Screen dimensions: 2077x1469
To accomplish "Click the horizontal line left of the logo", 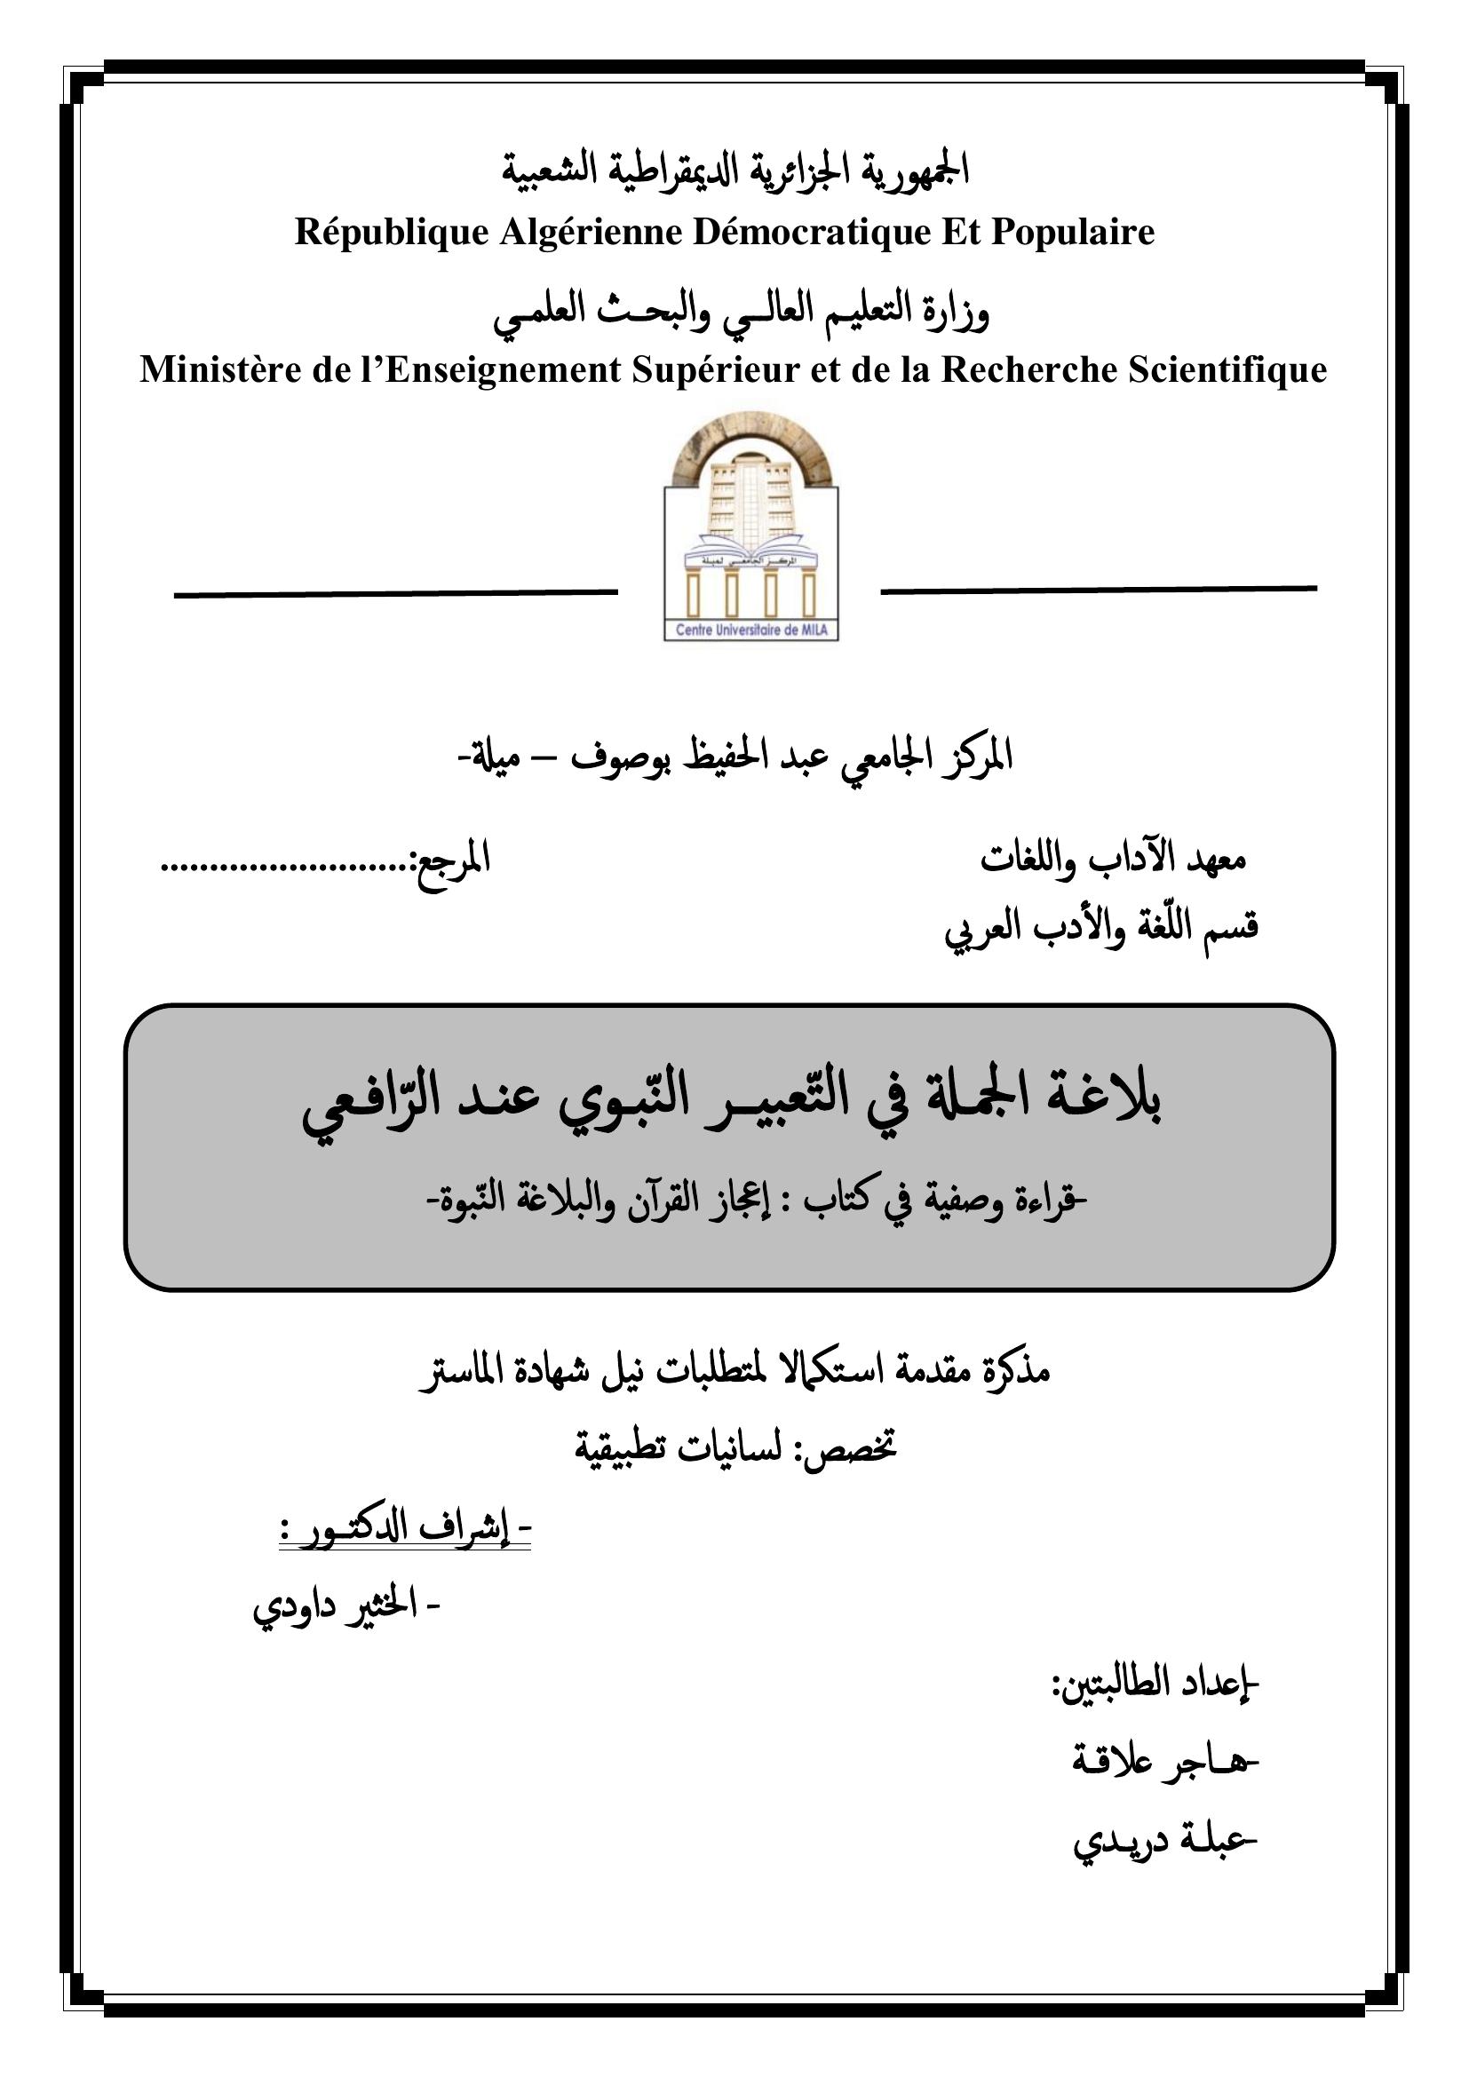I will click(395, 593).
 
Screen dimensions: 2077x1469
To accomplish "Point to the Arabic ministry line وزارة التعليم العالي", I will click(741, 311).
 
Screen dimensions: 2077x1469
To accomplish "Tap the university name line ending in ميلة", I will click(734, 757).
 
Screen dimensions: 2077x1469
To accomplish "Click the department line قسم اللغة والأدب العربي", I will click(1100, 927).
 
